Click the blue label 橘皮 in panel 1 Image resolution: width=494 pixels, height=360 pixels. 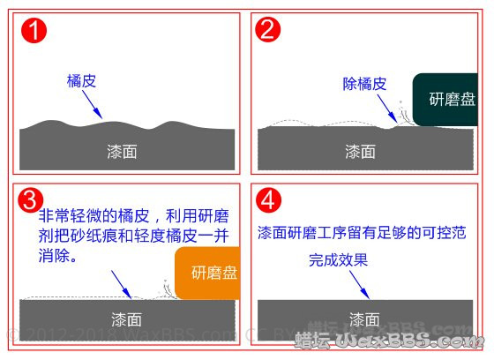coord(81,80)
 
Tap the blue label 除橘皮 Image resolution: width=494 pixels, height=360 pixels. coord(364,84)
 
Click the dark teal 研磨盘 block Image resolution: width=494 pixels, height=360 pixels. coord(448,99)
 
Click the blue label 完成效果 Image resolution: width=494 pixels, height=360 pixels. coord(337,261)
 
